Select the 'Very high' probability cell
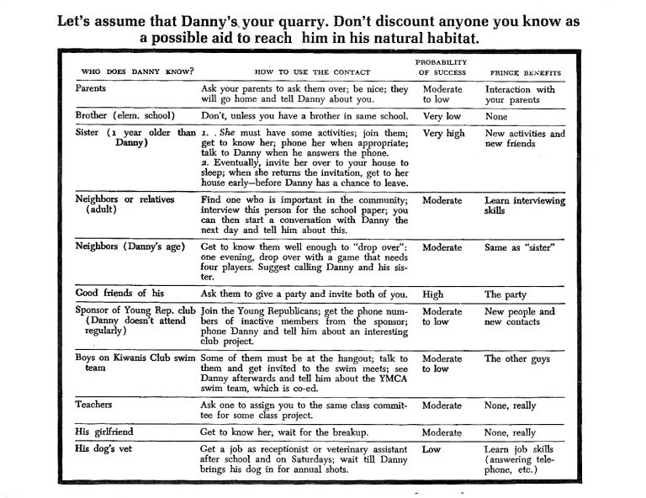tap(444, 133)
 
